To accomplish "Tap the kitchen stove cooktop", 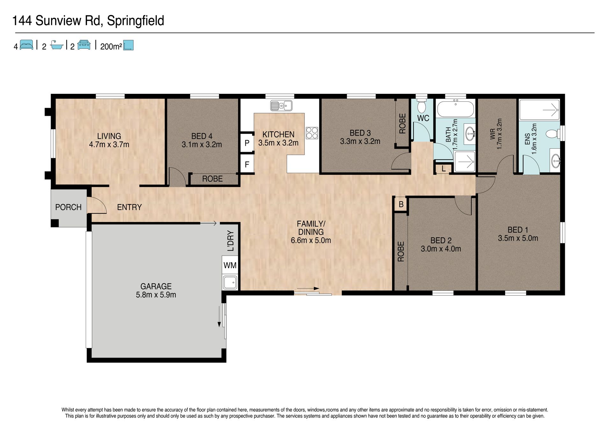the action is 312,133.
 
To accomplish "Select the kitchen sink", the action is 281,105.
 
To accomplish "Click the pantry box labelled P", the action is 247,143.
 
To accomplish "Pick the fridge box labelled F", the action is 247,165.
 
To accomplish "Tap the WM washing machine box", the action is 230,265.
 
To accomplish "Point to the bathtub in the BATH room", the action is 455,108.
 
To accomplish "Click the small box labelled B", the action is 401,204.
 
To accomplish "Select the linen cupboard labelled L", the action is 444,168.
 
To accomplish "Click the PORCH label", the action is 68,207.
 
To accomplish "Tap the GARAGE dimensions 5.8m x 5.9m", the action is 156,295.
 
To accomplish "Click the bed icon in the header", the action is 26,45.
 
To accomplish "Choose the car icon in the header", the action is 84,45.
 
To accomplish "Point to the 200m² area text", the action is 111,47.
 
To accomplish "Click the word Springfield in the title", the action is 135,21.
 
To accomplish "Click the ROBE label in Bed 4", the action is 212,179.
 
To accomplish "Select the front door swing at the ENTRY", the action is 97,205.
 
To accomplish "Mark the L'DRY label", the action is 231,241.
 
